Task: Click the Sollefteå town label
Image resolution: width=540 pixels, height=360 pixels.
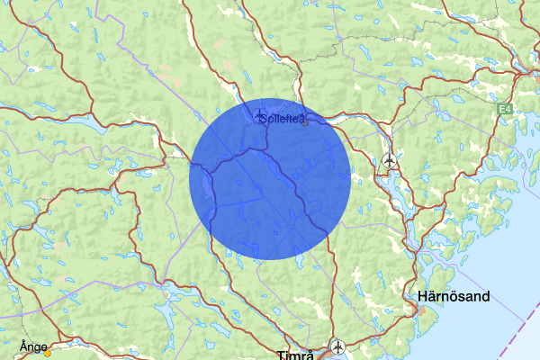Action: click(x=281, y=118)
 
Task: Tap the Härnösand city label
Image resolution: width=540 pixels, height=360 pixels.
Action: click(x=454, y=296)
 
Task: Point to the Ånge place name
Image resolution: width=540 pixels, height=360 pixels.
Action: click(x=32, y=346)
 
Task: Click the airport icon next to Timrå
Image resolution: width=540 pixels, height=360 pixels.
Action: click(x=337, y=345)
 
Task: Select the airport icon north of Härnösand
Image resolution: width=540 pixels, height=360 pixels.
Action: click(x=390, y=160)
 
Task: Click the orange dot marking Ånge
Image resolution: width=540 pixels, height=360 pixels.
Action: click(x=47, y=352)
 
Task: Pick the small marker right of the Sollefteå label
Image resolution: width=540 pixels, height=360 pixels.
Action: click(x=305, y=122)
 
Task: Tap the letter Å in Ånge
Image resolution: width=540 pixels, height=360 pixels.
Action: click(x=22, y=345)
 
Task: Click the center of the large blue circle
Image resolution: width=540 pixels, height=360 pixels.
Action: click(x=269, y=179)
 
